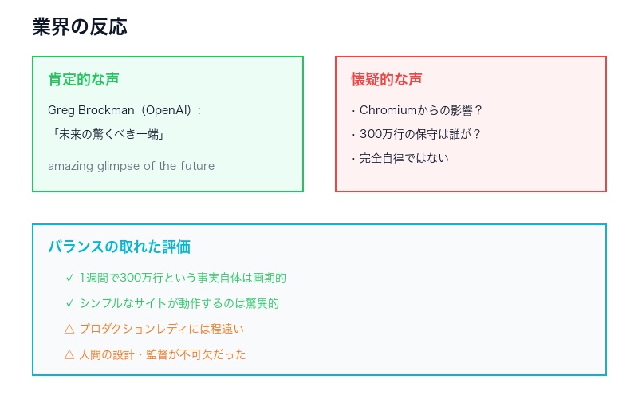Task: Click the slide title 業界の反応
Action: [80, 26]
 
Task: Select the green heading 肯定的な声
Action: [84, 79]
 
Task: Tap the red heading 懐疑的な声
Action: [387, 79]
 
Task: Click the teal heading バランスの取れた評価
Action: [119, 247]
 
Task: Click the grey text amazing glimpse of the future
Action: [131, 166]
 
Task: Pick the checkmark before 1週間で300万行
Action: [69, 279]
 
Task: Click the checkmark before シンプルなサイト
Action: [69, 303]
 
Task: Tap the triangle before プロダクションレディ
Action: [69, 329]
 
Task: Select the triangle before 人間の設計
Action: [69, 354]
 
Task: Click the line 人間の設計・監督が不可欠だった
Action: [163, 354]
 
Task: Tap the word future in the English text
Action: [197, 166]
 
